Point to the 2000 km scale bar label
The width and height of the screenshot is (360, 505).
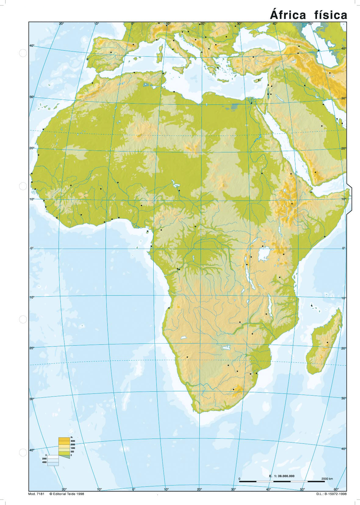327,479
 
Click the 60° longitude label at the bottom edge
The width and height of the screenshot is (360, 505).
336,489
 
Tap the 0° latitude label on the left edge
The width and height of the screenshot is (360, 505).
32,248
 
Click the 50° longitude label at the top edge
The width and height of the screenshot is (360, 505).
310,23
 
